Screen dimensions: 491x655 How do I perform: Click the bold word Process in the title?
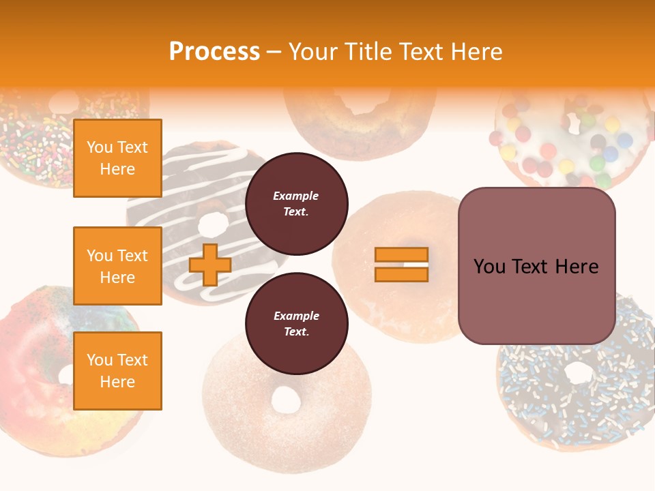point(214,52)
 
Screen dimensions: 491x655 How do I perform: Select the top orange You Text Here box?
point(117,158)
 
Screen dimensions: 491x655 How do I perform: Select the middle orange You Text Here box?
point(117,266)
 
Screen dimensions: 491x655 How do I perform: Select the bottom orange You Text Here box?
point(117,370)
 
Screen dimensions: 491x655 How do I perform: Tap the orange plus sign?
point(210,265)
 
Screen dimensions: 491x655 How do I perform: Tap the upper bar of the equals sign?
point(402,255)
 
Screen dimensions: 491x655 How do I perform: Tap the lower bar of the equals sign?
point(402,274)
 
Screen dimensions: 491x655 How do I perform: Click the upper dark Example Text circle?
point(296,204)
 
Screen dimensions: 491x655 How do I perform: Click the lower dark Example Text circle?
point(296,324)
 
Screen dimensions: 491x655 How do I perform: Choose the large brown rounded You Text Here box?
point(536,265)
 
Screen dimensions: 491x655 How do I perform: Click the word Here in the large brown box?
point(577,267)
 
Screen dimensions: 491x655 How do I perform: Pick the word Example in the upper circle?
point(296,196)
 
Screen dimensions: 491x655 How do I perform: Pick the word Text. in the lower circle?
point(296,332)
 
